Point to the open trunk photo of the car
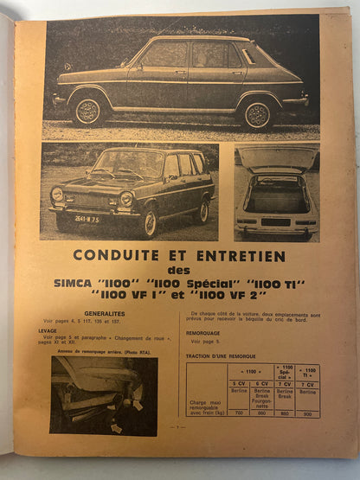276,191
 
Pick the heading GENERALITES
104,313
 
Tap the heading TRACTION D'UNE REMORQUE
228,353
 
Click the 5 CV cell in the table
238,381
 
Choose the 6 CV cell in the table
263,381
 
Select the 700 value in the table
238,413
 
